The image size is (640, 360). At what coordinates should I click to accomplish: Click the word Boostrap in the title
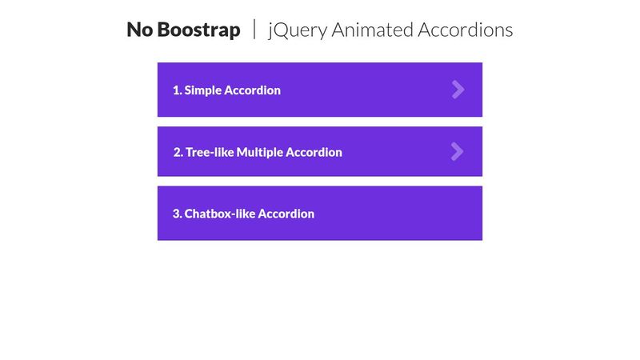[x=198, y=30]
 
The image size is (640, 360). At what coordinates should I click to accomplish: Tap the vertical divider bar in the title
[x=254, y=30]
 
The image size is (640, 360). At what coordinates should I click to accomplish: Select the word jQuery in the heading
[x=296, y=30]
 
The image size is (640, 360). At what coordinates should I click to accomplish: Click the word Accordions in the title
[x=466, y=30]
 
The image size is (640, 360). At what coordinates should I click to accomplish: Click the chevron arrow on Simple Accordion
[x=458, y=90]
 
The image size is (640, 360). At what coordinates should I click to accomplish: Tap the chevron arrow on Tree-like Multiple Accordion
[x=457, y=151]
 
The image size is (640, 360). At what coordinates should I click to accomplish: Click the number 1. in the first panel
[x=178, y=90]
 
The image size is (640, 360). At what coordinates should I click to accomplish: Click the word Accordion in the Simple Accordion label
[x=252, y=90]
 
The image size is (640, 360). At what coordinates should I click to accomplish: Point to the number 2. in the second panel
[x=178, y=152]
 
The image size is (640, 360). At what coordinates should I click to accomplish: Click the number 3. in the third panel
[x=178, y=214]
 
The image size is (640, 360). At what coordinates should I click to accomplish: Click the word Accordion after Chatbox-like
[x=286, y=214]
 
